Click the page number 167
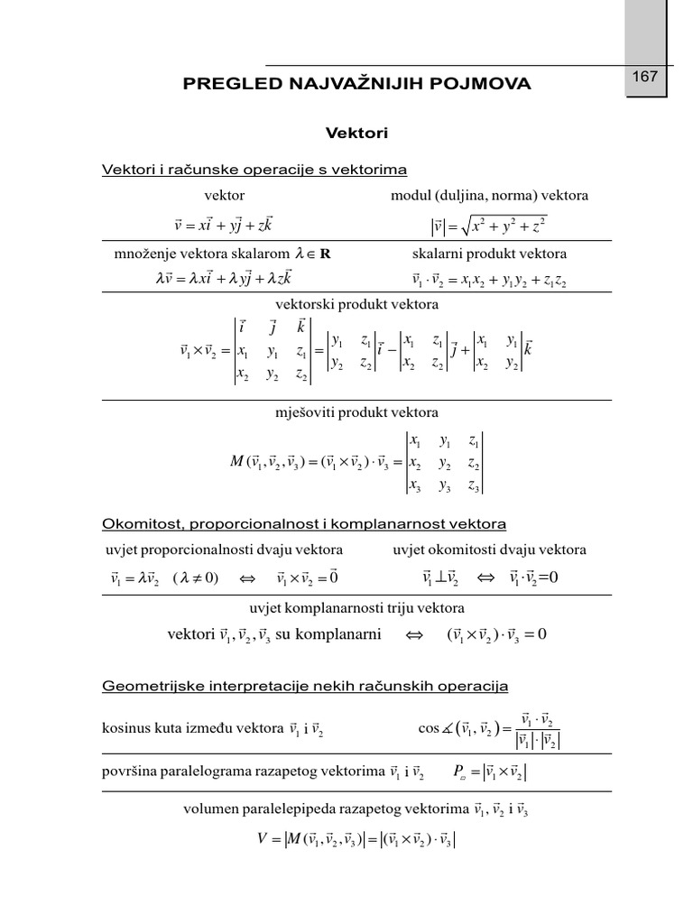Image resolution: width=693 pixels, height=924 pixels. (644, 77)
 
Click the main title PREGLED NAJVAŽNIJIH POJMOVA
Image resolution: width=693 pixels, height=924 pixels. (357, 84)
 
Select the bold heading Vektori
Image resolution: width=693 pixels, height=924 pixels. (356, 133)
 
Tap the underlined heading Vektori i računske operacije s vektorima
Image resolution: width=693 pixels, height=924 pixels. (254, 169)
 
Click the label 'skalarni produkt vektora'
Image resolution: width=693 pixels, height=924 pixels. (489, 254)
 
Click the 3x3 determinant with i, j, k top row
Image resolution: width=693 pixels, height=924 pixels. (273, 351)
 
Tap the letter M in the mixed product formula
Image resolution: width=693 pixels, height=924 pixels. (238, 463)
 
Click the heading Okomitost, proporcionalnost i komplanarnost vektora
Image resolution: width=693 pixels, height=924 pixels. (304, 523)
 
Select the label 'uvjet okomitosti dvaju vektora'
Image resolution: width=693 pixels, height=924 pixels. (489, 550)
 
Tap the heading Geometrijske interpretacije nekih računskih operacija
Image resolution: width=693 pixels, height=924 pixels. (306, 687)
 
